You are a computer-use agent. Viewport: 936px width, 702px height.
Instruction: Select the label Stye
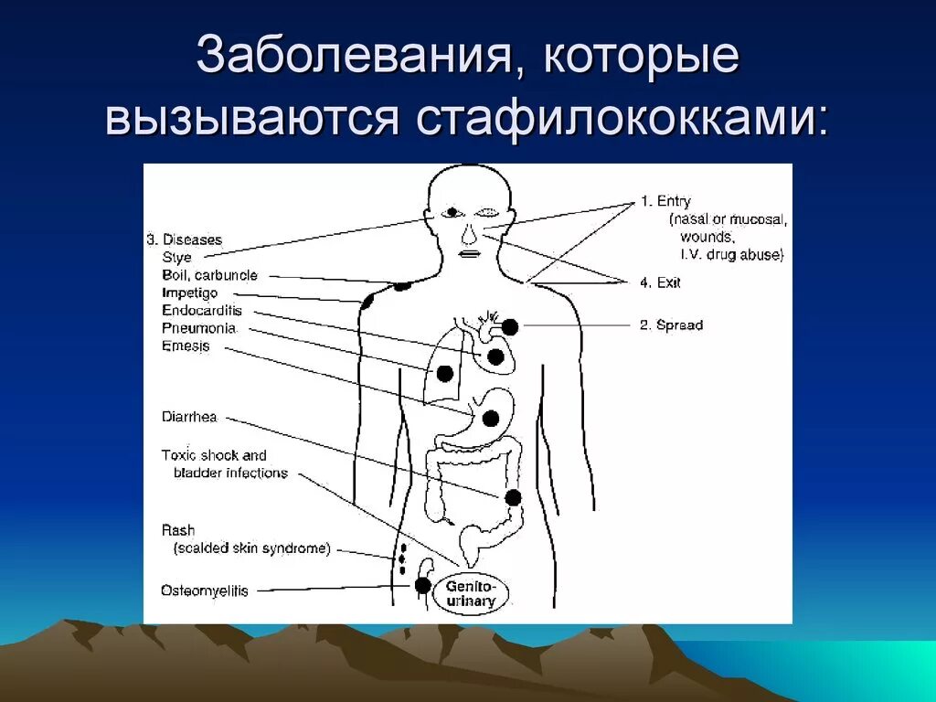176,258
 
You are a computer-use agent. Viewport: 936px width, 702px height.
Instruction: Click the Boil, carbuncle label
209,275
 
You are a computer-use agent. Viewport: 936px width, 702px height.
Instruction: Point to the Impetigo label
190,293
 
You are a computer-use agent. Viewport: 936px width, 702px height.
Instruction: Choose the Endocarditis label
202,311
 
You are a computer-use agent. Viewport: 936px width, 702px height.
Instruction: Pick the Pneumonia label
198,328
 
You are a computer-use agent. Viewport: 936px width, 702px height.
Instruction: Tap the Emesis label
186,346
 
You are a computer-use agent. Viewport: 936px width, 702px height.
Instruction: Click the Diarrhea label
189,418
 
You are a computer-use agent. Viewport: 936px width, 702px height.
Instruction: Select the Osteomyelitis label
205,590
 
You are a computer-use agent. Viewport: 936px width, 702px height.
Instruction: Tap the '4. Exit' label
660,282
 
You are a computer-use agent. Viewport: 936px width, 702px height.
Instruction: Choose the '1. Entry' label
665,201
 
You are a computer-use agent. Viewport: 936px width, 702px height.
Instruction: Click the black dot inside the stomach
490,419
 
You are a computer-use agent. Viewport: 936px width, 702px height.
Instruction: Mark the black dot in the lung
445,373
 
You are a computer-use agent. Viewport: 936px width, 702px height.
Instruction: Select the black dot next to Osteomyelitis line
422,586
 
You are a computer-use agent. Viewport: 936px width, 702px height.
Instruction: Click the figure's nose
468,236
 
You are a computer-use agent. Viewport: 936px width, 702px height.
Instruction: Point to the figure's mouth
468,254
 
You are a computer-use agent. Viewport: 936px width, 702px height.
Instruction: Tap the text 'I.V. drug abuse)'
733,255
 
